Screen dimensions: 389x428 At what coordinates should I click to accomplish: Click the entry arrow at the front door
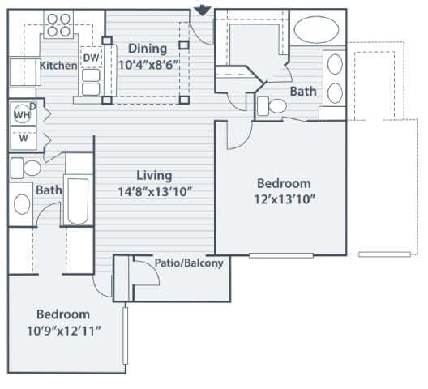pyautogui.click(x=203, y=10)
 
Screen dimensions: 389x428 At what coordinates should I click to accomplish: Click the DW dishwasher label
pyautogui.click(x=91, y=58)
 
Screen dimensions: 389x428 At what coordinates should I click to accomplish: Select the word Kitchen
pyautogui.click(x=58, y=65)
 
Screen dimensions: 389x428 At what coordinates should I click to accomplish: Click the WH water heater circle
pyautogui.click(x=20, y=115)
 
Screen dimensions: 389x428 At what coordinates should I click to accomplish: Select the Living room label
pyautogui.click(x=153, y=175)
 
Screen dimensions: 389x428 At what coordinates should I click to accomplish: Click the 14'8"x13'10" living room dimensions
pyautogui.click(x=154, y=191)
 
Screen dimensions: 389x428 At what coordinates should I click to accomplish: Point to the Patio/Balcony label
pyautogui.click(x=189, y=263)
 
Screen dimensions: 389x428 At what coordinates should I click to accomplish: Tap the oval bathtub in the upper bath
pyautogui.click(x=317, y=32)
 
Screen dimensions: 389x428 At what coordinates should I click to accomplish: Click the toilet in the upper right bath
pyautogui.click(x=269, y=105)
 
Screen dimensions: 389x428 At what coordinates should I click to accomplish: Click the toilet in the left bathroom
pyautogui.click(x=26, y=168)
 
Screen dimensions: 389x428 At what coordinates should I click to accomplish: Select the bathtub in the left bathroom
pyautogui.click(x=78, y=198)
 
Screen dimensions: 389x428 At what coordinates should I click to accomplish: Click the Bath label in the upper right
pyautogui.click(x=303, y=92)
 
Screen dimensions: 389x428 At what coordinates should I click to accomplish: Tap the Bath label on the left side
pyautogui.click(x=49, y=190)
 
